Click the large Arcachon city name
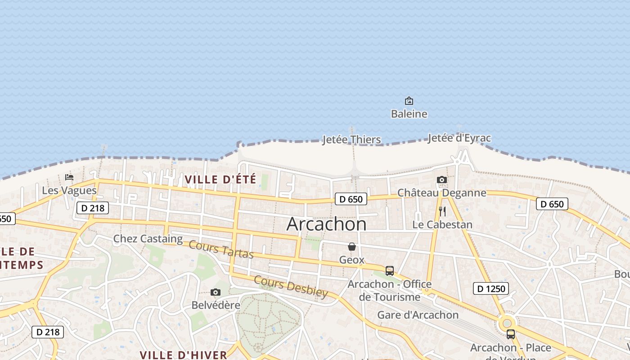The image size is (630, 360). click(326, 224)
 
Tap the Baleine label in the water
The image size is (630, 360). click(409, 114)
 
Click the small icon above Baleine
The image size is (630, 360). click(409, 101)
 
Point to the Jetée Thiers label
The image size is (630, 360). click(351, 139)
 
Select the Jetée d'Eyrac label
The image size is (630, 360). click(459, 138)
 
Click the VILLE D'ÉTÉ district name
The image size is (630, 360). click(220, 180)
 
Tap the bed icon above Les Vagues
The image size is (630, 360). click(69, 177)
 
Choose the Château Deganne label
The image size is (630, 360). click(441, 193)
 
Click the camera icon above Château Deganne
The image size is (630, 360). click(442, 180)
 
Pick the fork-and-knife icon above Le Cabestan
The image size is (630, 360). click(442, 211)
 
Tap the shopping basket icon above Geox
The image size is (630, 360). click(352, 247)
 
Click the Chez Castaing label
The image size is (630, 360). click(148, 238)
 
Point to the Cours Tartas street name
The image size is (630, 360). click(221, 249)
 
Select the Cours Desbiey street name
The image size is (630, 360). click(291, 286)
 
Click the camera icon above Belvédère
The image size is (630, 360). click(216, 292)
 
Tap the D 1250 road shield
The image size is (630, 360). click(490, 288)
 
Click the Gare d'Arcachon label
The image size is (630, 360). click(418, 315)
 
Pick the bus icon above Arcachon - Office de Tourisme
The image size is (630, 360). click(390, 271)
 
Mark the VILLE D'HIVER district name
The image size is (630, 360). click(183, 355)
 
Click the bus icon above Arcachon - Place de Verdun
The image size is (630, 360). click(511, 334)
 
